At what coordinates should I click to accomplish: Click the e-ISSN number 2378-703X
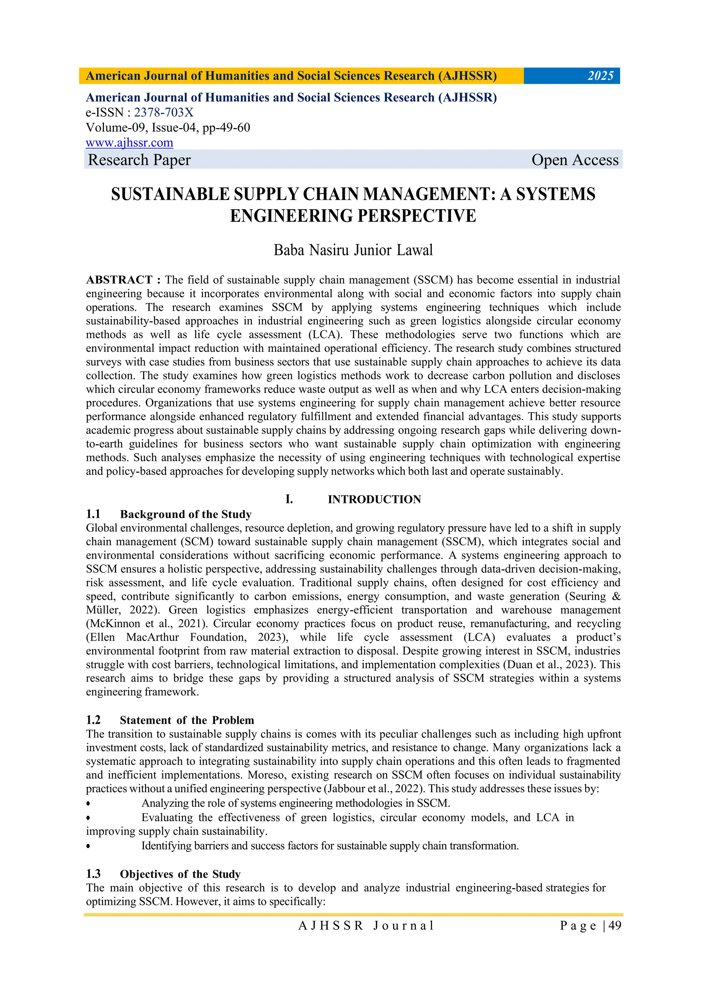tap(163, 113)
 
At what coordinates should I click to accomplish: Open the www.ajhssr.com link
tap(129, 143)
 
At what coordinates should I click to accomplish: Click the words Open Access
tap(574, 160)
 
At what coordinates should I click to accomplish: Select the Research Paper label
tap(139, 160)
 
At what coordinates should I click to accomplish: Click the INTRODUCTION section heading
tap(374, 499)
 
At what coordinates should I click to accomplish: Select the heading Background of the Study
tap(186, 514)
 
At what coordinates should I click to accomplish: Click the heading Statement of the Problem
tap(187, 720)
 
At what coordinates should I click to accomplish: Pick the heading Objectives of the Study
tap(180, 874)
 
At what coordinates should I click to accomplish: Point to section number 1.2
tap(93, 720)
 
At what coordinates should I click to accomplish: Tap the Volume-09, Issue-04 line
tap(168, 128)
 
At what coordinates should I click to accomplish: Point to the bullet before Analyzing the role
tap(88, 804)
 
